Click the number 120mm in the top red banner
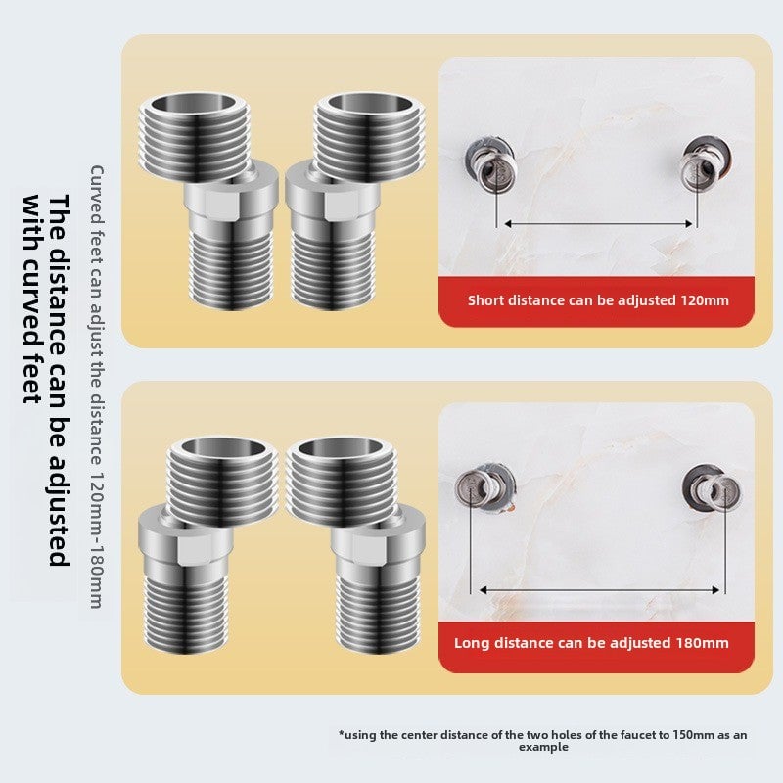click(703, 300)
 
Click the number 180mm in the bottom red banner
click(703, 643)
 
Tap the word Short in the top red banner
click(486, 300)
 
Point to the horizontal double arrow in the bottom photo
click(600, 589)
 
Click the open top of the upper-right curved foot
click(354, 105)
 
